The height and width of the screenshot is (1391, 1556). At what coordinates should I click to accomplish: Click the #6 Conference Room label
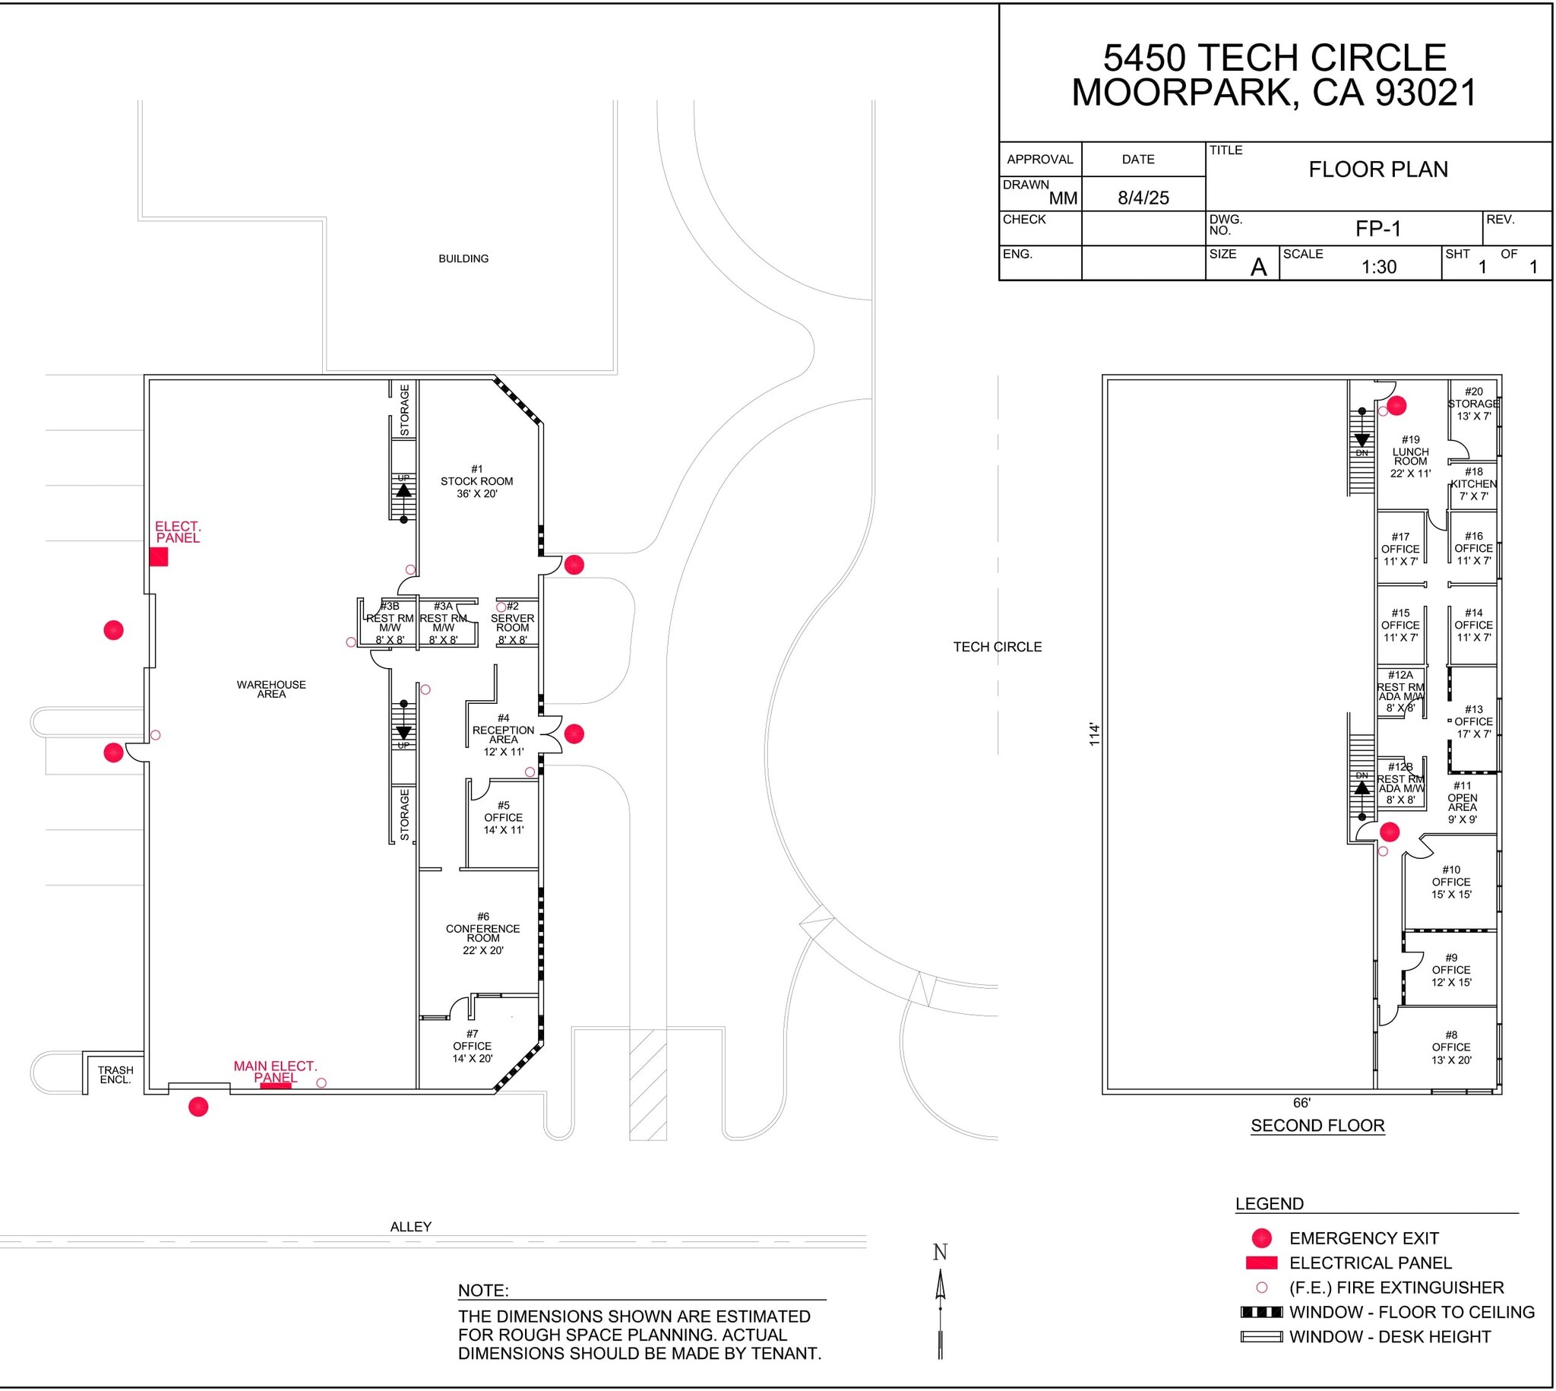482,933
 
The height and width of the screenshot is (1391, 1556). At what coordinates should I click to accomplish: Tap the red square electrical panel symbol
159,557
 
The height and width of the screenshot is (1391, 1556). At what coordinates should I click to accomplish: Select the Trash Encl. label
115,1075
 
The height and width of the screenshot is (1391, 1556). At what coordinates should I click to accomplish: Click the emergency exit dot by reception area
574,734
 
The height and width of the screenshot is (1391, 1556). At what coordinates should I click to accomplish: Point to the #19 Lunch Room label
1410,456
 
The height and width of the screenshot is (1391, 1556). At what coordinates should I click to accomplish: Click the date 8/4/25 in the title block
1143,198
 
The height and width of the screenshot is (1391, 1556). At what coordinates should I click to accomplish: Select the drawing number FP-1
1378,229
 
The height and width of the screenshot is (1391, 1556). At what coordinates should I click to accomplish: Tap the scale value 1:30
1379,267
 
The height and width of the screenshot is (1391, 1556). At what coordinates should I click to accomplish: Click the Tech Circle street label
997,647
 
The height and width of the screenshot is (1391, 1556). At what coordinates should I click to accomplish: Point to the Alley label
411,1227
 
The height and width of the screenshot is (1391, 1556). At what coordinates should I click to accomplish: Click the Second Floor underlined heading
1317,1126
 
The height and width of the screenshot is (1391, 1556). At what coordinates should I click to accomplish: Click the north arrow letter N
941,1253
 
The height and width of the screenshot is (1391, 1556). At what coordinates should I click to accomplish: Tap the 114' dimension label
1095,734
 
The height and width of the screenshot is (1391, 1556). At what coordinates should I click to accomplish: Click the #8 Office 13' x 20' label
1450,1047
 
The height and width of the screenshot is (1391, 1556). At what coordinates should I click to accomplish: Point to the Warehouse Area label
271,689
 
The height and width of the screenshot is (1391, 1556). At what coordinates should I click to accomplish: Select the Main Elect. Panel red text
275,1072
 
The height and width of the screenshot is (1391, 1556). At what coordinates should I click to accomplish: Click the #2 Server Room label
513,623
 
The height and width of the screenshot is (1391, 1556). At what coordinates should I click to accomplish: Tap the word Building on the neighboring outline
463,258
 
